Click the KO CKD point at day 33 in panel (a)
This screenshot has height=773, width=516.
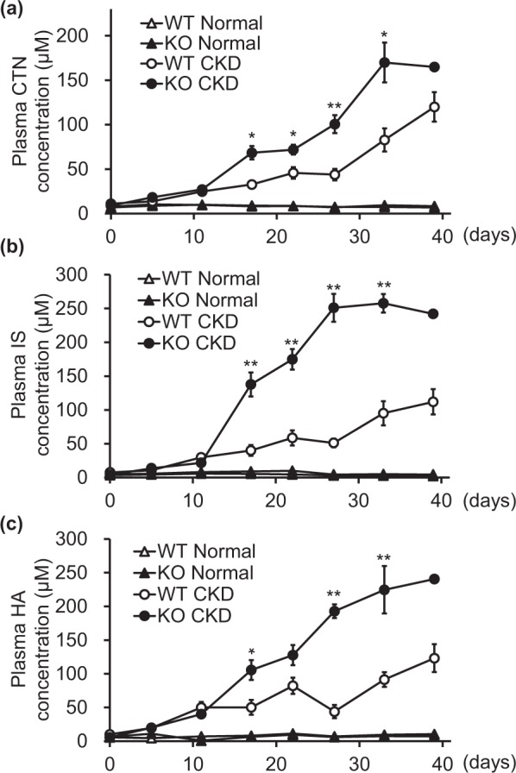(x=360, y=62)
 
